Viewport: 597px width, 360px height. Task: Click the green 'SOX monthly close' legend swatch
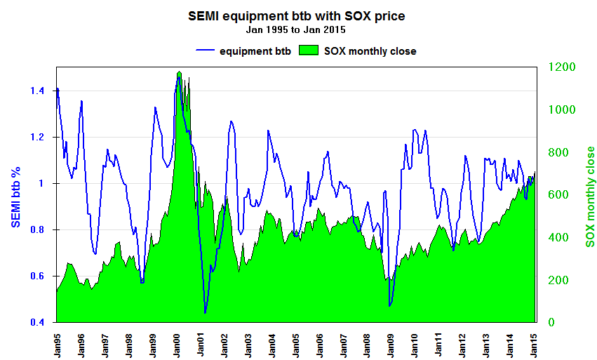(x=308, y=51)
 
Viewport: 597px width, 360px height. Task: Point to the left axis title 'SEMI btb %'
(x=15, y=195)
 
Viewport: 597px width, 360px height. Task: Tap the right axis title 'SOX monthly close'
(x=590, y=196)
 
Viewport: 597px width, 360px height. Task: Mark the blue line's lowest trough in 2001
(x=205, y=313)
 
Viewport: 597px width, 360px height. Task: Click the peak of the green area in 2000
(x=180, y=72)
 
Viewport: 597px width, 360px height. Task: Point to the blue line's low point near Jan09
(x=389, y=306)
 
